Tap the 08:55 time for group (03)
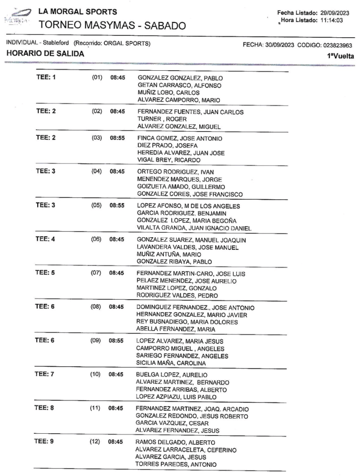coord(116,139)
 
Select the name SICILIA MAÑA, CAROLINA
coord(171,363)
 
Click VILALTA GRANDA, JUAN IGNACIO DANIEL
coord(194,228)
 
